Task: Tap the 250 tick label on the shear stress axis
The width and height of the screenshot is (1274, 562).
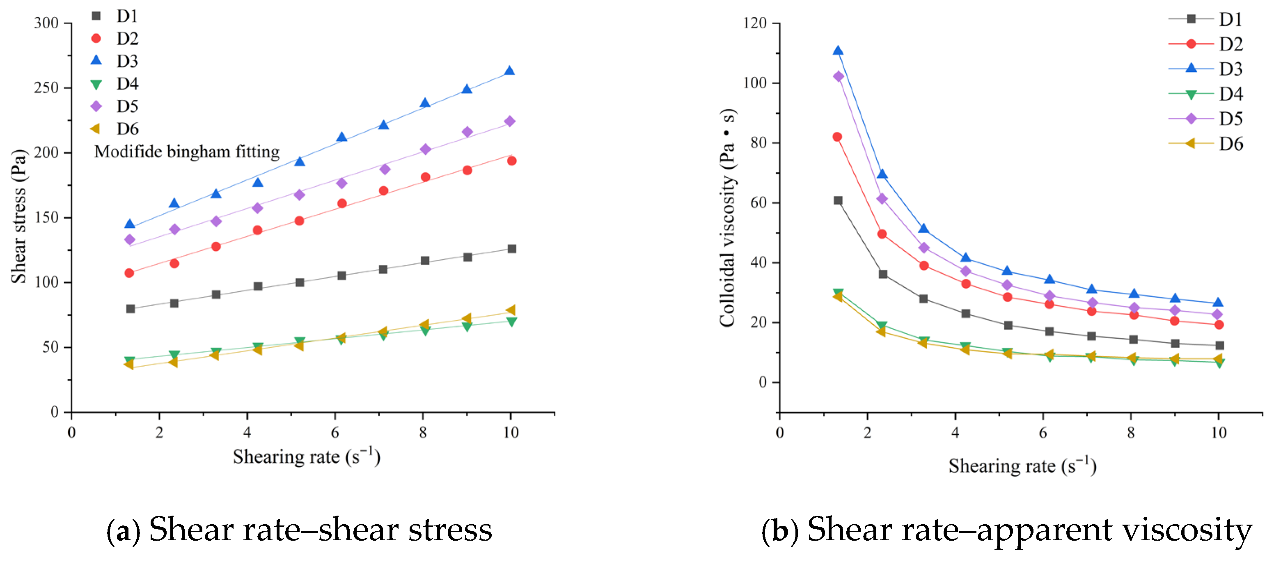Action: pos(46,88)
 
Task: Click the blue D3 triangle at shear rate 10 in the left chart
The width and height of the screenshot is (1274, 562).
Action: pos(509,71)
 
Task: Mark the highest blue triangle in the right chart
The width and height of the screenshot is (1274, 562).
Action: pos(838,50)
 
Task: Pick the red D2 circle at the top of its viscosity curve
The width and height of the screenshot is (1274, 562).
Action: pos(837,137)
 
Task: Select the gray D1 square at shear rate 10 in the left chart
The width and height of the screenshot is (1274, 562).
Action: pos(511,249)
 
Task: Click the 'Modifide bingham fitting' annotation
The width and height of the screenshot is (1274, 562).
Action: pos(187,151)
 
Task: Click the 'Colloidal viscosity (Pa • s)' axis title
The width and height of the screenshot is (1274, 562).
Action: pos(727,218)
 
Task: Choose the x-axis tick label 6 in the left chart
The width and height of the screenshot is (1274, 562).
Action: pos(335,433)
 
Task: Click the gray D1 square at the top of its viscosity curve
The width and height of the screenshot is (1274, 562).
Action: pos(838,200)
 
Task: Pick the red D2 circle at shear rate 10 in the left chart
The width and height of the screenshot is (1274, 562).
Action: pos(511,161)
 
